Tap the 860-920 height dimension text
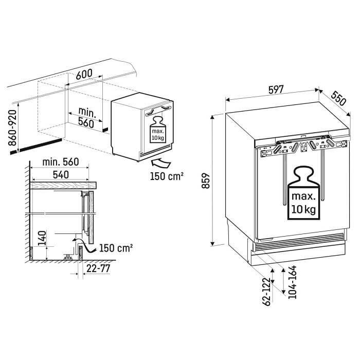pyautogui.click(x=13, y=128)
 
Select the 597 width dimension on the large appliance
pyautogui.click(x=276, y=89)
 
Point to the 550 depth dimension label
pyautogui.click(x=338, y=98)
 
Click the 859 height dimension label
pyautogui.click(x=206, y=181)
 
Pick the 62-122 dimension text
pyautogui.click(x=266, y=292)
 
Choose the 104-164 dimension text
pyautogui.click(x=292, y=282)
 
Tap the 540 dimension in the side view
pyautogui.click(x=61, y=175)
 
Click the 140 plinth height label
pyautogui.click(x=42, y=238)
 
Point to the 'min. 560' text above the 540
pyautogui.click(x=61, y=162)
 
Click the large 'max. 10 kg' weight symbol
pyautogui.click(x=303, y=193)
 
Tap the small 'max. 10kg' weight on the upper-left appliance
pyautogui.click(x=158, y=130)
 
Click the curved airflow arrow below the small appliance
pyautogui.click(x=161, y=163)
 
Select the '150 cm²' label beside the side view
pyautogui.click(x=116, y=248)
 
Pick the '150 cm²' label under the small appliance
pyautogui.click(x=167, y=176)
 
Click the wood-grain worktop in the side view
pyautogui.click(x=63, y=185)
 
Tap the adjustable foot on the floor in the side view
pyautogui.click(x=68, y=257)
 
